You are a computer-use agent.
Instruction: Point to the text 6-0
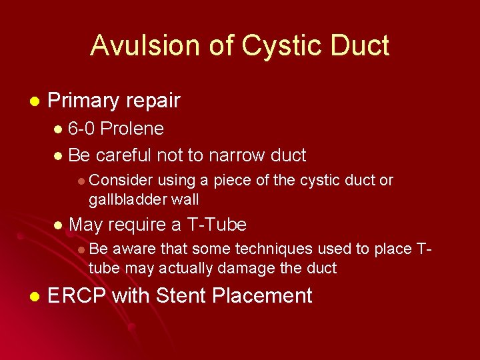82,128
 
